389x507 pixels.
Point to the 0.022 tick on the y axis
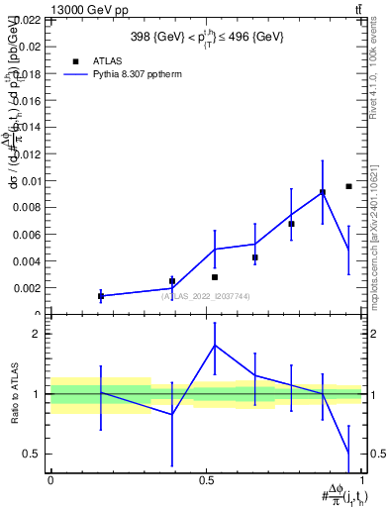(x=27, y=20)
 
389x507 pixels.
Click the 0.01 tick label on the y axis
(x=30, y=181)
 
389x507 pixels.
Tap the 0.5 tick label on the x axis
(x=207, y=479)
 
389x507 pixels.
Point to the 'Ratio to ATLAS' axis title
(x=12, y=394)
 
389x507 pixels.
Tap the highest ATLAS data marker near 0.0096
(x=348, y=186)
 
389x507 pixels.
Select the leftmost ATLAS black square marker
(x=101, y=296)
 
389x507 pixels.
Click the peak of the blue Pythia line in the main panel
(x=323, y=191)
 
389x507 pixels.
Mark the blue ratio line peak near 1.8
(x=215, y=345)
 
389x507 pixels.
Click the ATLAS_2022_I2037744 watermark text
(x=207, y=295)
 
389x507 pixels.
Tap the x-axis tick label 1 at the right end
(x=363, y=479)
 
